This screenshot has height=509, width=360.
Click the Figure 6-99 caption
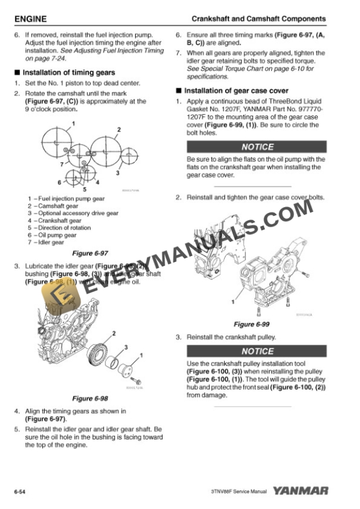pyautogui.click(x=251, y=324)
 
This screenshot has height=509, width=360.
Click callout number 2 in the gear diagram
pyautogui.click(x=118, y=129)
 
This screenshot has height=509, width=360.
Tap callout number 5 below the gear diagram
pyautogui.click(x=84, y=189)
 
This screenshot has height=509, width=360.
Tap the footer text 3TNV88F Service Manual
pyautogui.click(x=238, y=491)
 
